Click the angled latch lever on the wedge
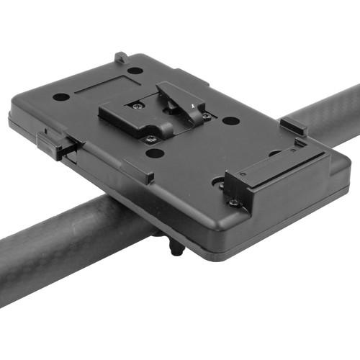180,100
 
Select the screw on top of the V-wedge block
136,105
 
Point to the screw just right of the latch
207,116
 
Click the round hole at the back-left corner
61,96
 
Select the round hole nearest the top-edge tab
135,71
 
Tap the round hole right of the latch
230,120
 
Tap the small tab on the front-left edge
138,171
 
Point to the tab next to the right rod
293,126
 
